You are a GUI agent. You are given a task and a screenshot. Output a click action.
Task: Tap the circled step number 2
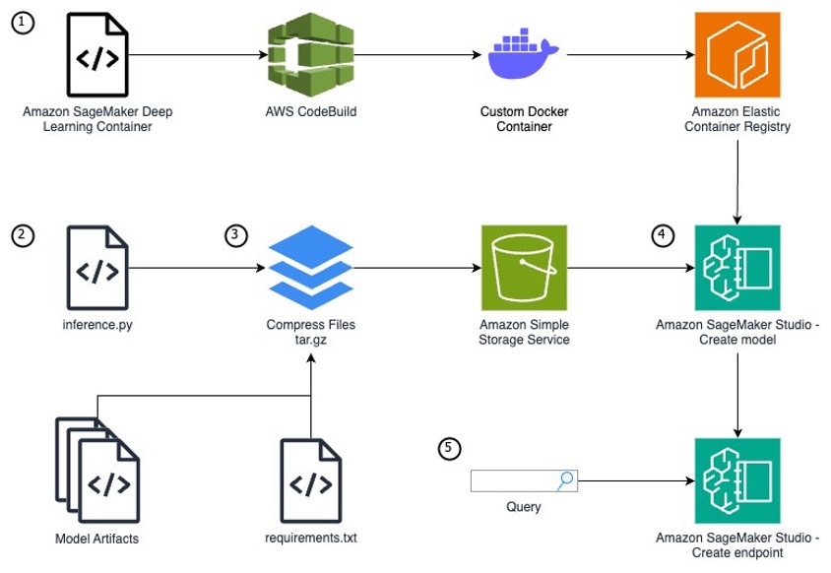point(21,235)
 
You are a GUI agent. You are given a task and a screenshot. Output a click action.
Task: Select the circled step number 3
point(237,235)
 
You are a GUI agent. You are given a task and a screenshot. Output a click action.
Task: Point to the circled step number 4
point(663,235)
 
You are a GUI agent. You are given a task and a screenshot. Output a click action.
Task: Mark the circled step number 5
point(448,448)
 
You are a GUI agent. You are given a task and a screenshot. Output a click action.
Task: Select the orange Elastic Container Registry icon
point(737,55)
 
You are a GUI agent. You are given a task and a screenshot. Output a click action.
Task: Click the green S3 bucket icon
point(523,268)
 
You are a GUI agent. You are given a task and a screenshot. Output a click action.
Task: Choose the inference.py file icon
point(96,268)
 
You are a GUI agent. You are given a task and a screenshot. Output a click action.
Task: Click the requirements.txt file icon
point(310,481)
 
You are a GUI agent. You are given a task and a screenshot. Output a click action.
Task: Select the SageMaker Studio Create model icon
point(737,268)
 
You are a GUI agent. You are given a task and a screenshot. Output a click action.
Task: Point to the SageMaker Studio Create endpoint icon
point(737,481)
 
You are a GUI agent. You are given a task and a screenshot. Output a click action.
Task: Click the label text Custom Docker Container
point(523,119)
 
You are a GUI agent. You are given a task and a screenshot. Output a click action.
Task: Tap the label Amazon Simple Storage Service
point(523,333)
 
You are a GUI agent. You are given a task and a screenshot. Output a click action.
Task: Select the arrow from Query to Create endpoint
point(635,481)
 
